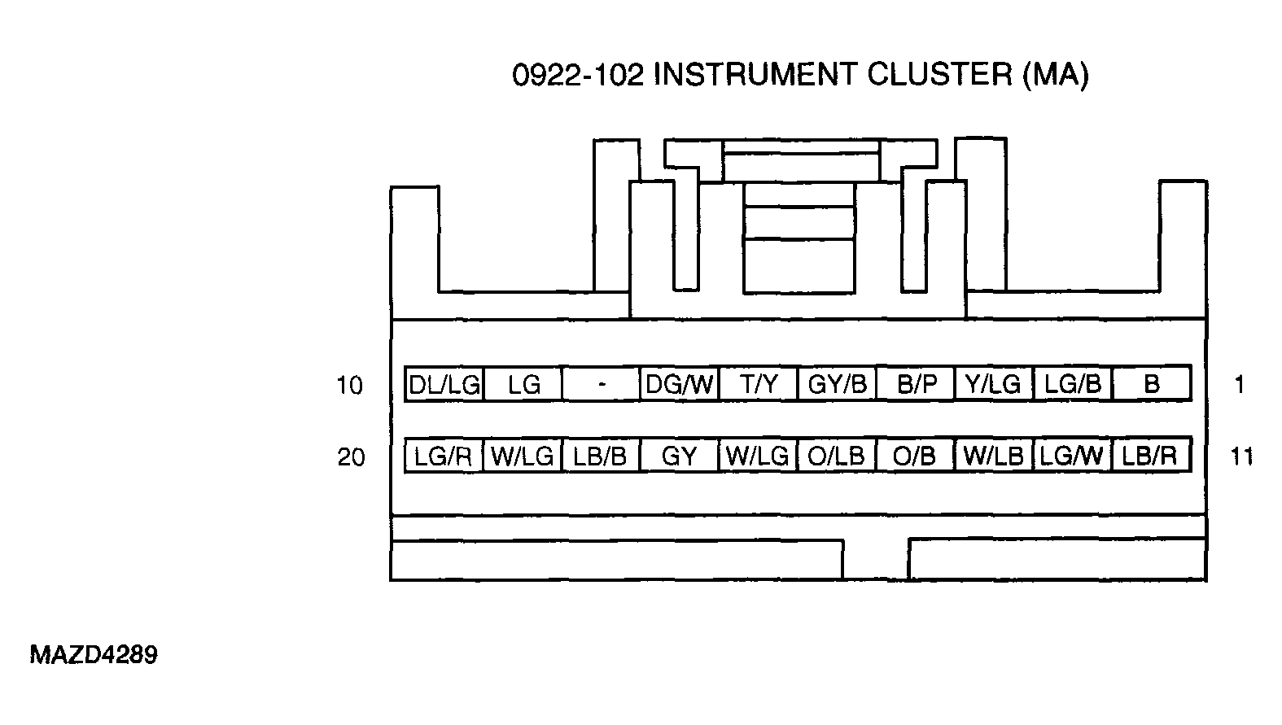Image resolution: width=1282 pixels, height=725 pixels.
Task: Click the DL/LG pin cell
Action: tap(444, 384)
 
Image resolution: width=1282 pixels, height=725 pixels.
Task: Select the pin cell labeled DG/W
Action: tap(680, 384)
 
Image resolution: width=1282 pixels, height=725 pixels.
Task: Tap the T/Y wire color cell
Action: tap(759, 384)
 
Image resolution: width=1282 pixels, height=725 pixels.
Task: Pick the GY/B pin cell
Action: tap(837, 384)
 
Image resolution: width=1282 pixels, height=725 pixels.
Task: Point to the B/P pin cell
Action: tap(916, 384)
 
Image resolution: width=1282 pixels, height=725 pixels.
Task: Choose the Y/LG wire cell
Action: tap(994, 384)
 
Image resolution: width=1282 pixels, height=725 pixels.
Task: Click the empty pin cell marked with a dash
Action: tap(601, 384)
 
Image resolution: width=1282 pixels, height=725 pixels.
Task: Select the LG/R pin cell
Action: tap(444, 456)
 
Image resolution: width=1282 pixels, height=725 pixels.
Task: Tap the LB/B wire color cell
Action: tap(601, 456)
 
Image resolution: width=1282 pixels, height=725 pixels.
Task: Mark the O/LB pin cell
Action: tap(837, 456)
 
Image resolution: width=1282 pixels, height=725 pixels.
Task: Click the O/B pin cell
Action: tap(916, 456)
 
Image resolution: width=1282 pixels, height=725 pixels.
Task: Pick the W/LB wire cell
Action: tap(994, 456)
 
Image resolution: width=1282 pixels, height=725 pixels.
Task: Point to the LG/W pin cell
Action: tap(1073, 456)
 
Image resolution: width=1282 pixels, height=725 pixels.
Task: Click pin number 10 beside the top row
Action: tap(350, 386)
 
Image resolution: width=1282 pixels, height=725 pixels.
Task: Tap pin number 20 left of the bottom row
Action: tap(351, 457)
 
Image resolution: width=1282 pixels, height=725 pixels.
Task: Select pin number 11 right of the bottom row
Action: tap(1241, 456)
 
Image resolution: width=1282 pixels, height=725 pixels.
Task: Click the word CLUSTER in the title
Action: tap(940, 75)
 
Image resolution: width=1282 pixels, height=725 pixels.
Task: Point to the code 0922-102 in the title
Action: tap(578, 75)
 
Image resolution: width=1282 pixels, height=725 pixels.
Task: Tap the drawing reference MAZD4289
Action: tap(94, 655)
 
